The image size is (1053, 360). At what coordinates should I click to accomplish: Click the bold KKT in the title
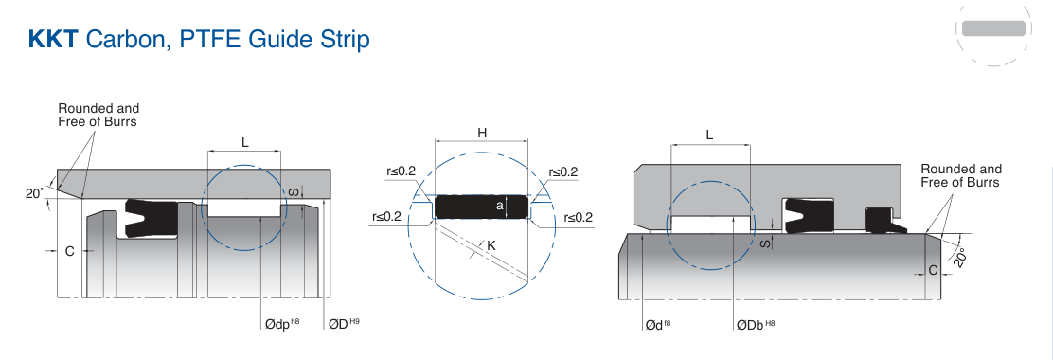pyautogui.click(x=53, y=40)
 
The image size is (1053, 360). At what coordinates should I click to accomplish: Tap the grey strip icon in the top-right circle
pyautogui.click(x=994, y=28)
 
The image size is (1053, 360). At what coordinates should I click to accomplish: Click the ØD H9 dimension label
pyautogui.click(x=344, y=324)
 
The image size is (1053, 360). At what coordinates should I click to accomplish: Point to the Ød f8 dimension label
pyautogui.click(x=658, y=325)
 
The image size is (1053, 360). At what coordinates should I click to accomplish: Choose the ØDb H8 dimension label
pyautogui.click(x=756, y=325)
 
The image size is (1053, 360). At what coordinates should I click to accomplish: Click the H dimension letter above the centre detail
pyautogui.click(x=482, y=133)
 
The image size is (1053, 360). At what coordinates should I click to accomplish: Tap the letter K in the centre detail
pyautogui.click(x=491, y=245)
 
